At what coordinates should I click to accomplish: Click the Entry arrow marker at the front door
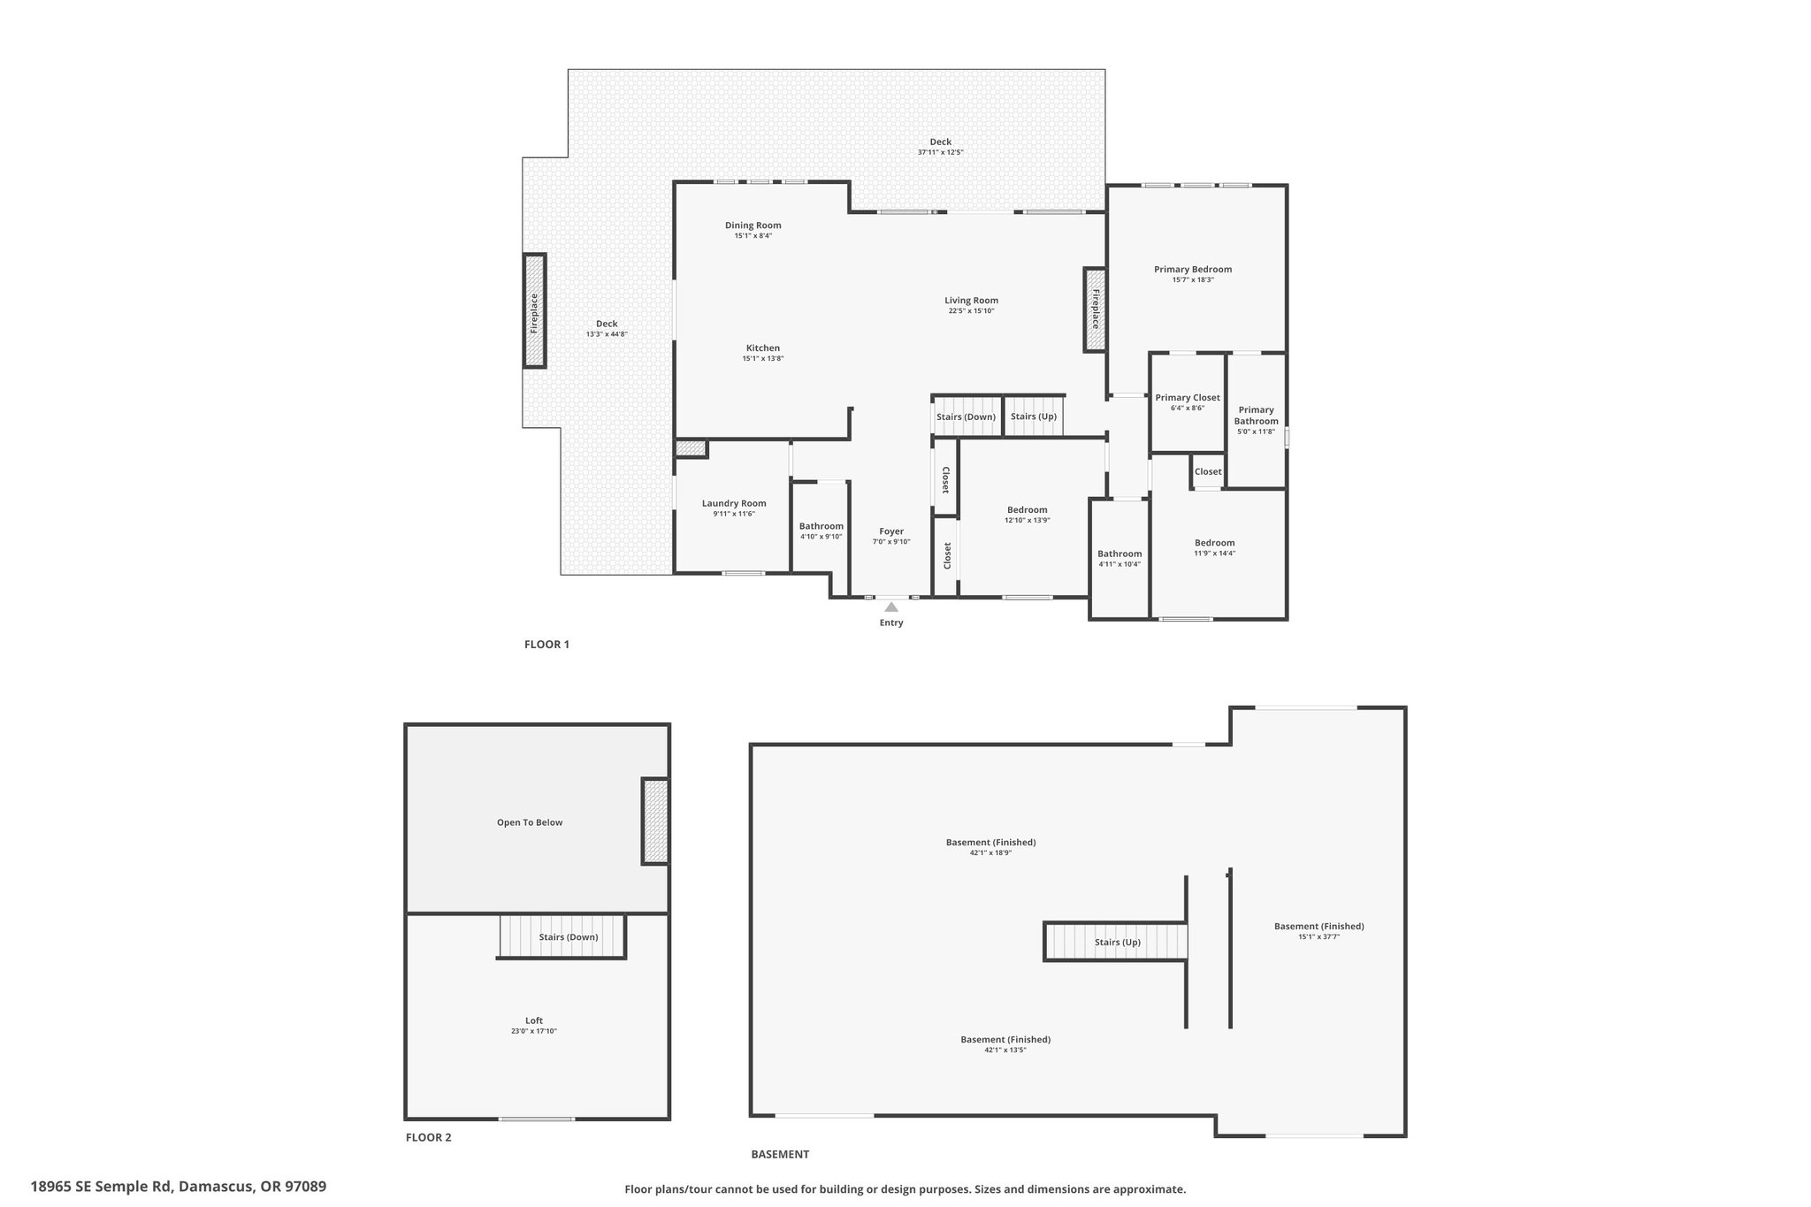[891, 607]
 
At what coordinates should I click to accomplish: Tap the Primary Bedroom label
[1193, 270]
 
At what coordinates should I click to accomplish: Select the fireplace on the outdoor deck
[534, 310]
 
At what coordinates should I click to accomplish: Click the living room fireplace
[1095, 309]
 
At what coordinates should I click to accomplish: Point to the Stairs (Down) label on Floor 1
[966, 416]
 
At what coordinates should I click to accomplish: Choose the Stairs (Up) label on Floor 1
[1034, 416]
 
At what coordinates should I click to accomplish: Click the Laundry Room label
[734, 503]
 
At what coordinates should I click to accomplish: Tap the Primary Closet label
[1188, 398]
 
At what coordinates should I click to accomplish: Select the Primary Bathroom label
[1257, 416]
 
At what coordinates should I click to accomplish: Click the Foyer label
[891, 531]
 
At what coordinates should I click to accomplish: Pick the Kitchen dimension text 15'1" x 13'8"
[763, 359]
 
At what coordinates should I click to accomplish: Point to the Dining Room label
[753, 225]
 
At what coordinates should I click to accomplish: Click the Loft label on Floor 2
[534, 1020]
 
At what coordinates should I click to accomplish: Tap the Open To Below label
[530, 822]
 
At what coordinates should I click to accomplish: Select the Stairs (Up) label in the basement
[1118, 943]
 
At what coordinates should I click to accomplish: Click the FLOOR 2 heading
[429, 1137]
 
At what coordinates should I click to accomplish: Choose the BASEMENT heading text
[780, 1154]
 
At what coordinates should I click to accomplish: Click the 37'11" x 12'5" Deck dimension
[940, 152]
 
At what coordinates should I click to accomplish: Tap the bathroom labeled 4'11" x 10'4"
[1119, 559]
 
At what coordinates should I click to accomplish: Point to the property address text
[179, 1187]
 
